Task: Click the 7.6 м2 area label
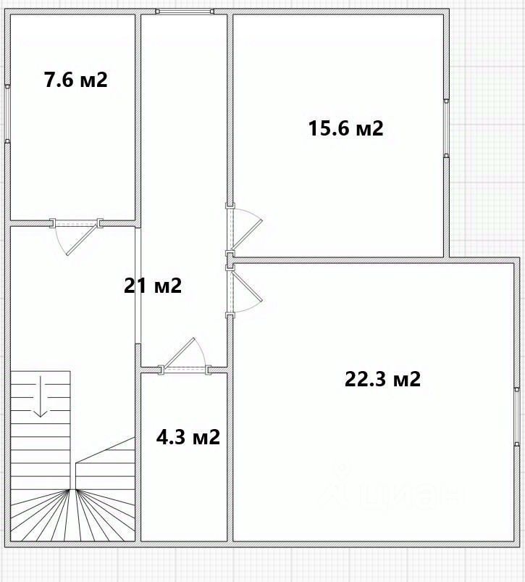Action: (x=75, y=80)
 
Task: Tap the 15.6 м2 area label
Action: (x=345, y=128)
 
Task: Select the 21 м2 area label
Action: (x=153, y=286)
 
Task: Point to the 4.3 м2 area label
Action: (x=188, y=437)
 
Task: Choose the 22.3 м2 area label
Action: (x=382, y=379)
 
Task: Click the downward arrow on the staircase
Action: (x=40, y=396)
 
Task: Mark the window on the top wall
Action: (x=185, y=12)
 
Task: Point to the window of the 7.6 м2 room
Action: (x=7, y=113)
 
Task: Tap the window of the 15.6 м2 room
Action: (x=446, y=128)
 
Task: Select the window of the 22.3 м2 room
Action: (x=517, y=417)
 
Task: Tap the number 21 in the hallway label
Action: (x=134, y=286)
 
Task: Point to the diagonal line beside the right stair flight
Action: (x=105, y=450)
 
